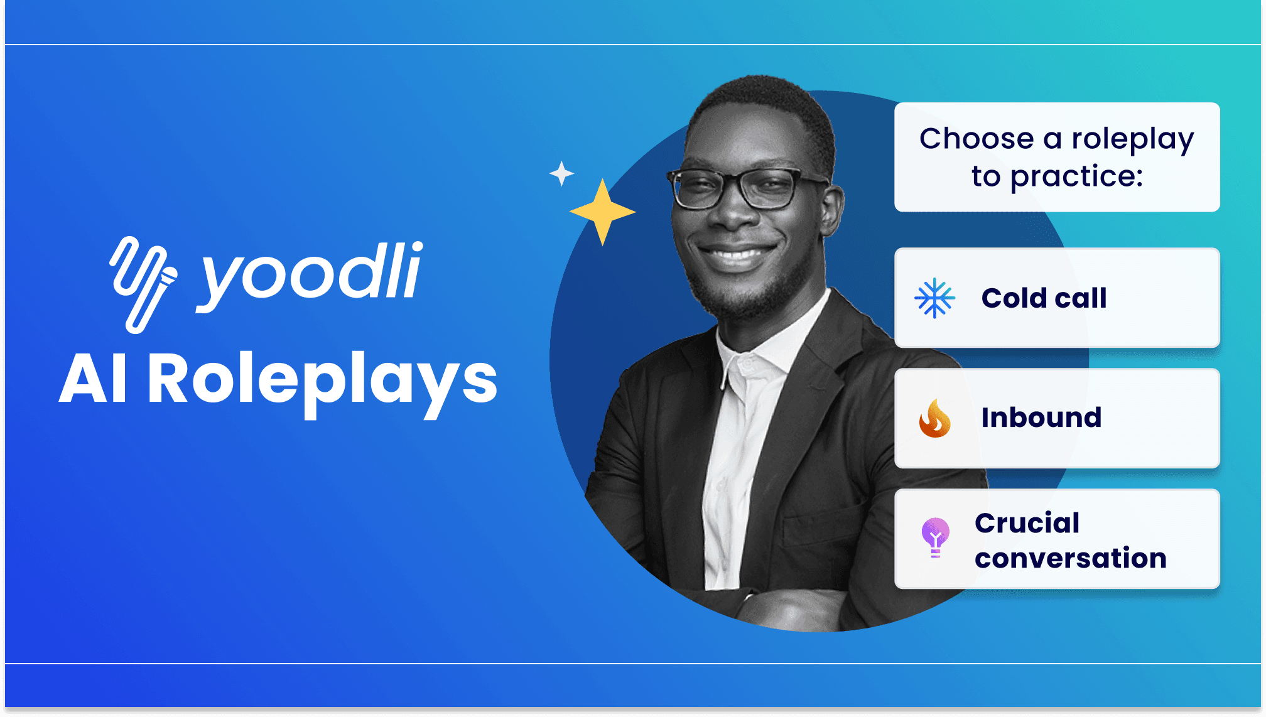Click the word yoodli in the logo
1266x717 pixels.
310,276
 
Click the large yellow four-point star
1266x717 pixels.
602,212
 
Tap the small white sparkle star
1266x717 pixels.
561,173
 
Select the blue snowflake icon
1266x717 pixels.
934,298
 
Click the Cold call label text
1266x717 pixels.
1044,298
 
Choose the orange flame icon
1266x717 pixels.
934,418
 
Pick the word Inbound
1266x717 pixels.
1041,418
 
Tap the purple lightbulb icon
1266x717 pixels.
935,537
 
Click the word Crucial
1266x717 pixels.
1027,523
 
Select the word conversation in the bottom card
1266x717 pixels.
1071,558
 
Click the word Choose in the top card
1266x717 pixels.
977,139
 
